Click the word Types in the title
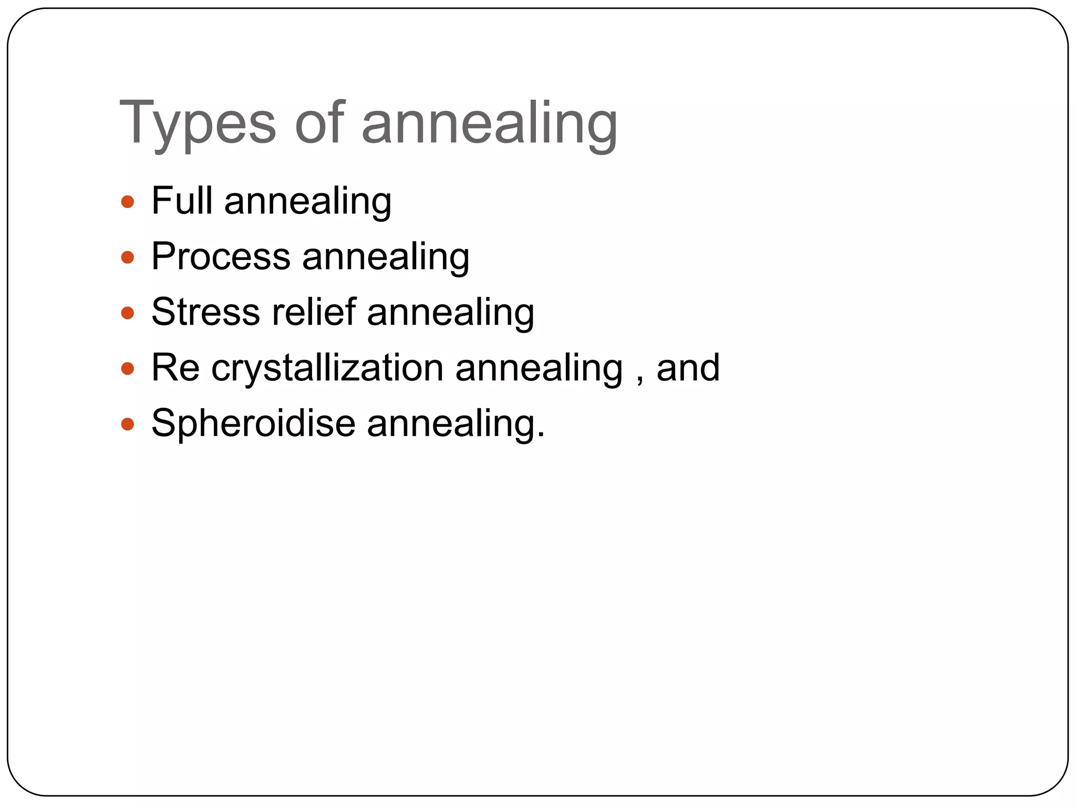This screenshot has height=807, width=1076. tap(197, 123)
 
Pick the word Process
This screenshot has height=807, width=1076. tap(221, 257)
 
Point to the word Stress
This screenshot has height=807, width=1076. tap(205, 312)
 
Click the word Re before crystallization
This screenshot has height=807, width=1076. tap(175, 368)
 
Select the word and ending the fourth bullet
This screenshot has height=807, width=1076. tap(688, 368)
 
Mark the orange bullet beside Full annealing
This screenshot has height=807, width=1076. tap(128, 202)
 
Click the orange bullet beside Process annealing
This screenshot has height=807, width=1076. tap(128, 257)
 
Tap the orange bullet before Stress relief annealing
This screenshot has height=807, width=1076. tap(128, 313)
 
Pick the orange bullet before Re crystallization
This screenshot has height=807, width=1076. tap(128, 368)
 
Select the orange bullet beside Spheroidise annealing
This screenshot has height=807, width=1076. tap(128, 424)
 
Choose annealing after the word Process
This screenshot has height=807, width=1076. tap(386, 258)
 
